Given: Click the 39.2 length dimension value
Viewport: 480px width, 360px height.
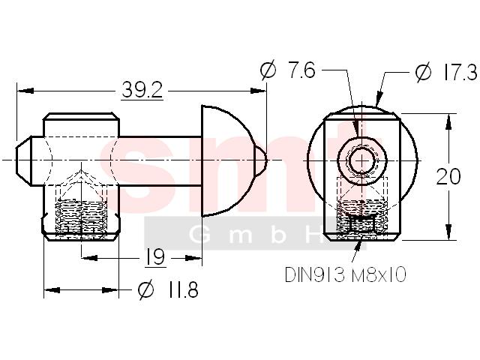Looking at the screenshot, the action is [x=142, y=90].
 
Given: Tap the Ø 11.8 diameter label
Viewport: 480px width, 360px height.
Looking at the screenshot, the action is [x=168, y=289].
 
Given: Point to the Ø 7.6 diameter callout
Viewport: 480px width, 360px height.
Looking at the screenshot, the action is [x=288, y=70].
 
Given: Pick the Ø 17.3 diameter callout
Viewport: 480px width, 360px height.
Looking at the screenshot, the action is [x=446, y=72].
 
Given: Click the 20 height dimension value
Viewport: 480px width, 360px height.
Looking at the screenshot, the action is [x=448, y=177].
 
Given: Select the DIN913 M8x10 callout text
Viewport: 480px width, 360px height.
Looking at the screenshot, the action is [x=346, y=274].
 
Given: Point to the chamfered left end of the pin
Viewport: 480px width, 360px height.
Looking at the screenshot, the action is [x=24, y=160].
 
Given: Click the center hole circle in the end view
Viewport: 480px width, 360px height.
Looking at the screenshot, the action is [x=362, y=160].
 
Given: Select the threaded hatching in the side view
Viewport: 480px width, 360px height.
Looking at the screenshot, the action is [x=81, y=216].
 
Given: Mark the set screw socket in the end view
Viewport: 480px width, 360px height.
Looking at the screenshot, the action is [x=362, y=223].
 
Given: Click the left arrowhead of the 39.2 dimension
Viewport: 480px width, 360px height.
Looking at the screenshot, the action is [x=25, y=91].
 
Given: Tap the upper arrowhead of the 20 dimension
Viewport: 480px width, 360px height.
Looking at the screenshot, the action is [x=448, y=121].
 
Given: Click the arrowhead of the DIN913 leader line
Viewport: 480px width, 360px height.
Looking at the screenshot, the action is [x=358, y=247].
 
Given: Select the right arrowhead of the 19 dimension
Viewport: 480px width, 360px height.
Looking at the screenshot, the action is [x=193, y=258].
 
